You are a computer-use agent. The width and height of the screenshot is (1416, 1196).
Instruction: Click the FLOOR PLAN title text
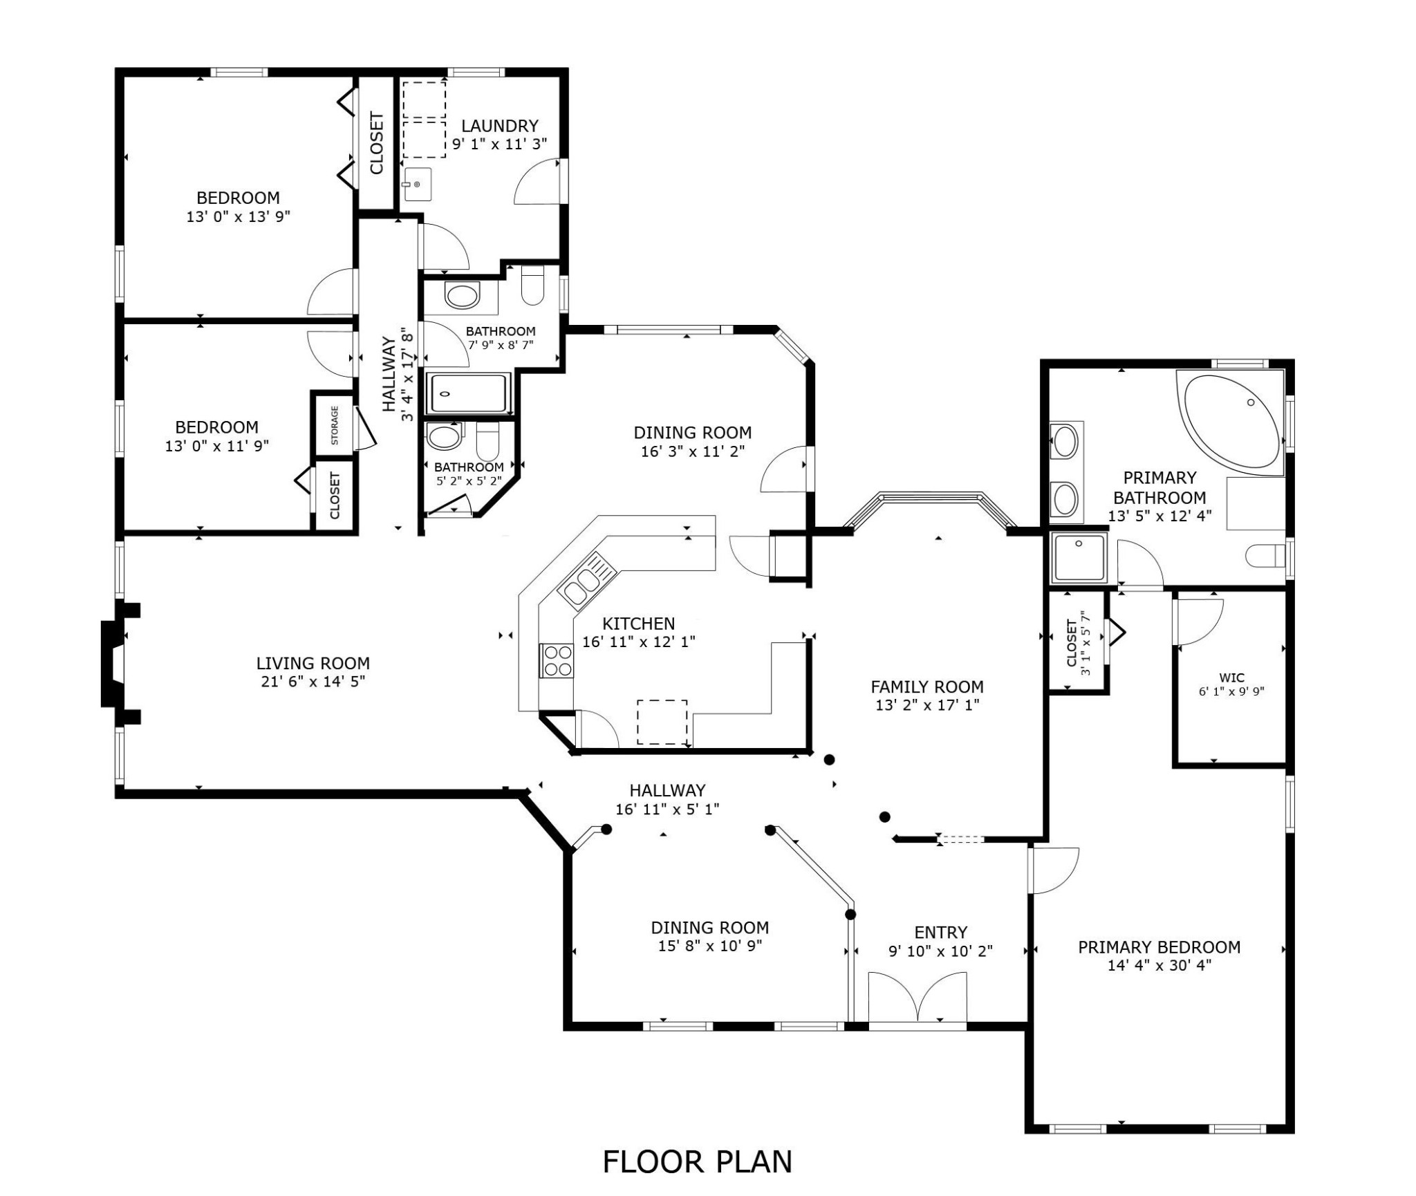[x=697, y=1161]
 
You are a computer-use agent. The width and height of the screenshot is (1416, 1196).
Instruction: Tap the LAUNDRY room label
[x=499, y=126]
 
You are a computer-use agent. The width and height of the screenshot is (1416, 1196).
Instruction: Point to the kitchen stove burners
[x=557, y=660]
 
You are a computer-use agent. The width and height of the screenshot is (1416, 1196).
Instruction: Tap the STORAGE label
[x=335, y=425]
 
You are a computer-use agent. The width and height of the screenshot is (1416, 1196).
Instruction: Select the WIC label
[x=1231, y=678]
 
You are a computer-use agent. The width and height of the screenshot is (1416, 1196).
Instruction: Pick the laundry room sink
[x=417, y=185]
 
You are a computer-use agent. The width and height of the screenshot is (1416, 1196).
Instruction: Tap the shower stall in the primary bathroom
[x=1079, y=558]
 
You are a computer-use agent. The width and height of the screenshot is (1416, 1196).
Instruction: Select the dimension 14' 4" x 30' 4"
[x=1159, y=966]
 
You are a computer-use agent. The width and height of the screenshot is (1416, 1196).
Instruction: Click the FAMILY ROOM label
[x=927, y=687]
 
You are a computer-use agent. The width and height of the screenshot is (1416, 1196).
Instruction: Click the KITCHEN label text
[x=638, y=624]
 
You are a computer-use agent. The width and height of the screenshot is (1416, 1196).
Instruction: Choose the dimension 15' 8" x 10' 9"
[x=710, y=946]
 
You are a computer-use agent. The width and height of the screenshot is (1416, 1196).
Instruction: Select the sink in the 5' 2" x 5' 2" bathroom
[x=444, y=437]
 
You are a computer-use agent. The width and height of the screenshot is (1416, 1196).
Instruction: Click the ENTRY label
[x=941, y=933]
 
